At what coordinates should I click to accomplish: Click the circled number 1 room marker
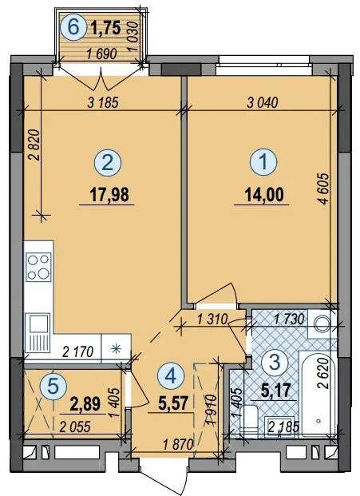tap(263, 161)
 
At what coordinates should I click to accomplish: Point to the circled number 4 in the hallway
tap(171, 375)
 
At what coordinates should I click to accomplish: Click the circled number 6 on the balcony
tap(73, 27)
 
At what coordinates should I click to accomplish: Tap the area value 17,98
tap(109, 195)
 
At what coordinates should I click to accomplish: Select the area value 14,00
tap(264, 194)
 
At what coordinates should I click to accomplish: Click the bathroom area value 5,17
tap(275, 390)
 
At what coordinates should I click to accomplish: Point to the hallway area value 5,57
tap(173, 403)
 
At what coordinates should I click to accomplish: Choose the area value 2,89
tap(85, 404)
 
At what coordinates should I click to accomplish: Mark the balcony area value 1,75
tap(105, 28)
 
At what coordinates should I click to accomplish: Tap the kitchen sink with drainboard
tap(38, 333)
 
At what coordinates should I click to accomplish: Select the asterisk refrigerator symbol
tap(117, 349)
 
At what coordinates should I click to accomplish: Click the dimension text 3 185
tap(103, 103)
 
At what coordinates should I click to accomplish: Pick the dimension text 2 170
tap(78, 351)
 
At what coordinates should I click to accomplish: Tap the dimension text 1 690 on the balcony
tap(101, 54)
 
